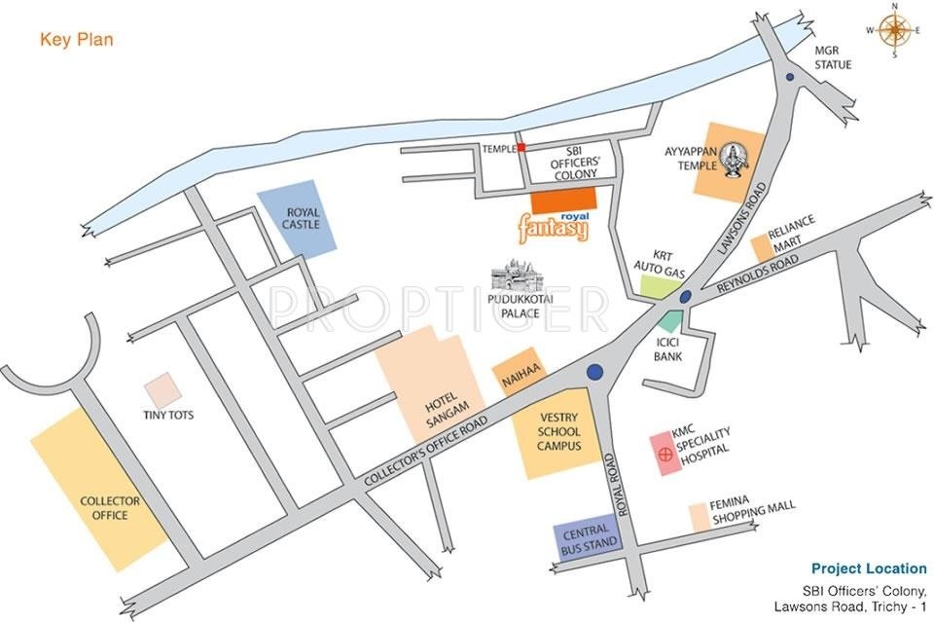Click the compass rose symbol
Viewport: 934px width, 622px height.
894,29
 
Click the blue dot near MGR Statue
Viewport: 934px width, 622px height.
790,77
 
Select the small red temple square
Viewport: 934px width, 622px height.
521,148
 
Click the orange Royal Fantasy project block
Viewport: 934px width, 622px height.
569,201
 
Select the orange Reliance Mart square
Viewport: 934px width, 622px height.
761,249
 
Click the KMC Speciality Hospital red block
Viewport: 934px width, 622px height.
666,454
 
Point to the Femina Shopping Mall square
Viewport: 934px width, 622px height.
698,517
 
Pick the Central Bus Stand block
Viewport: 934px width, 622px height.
587,541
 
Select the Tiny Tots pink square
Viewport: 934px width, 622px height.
162,389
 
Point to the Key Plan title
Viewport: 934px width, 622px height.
77,40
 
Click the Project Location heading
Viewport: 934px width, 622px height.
868,568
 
